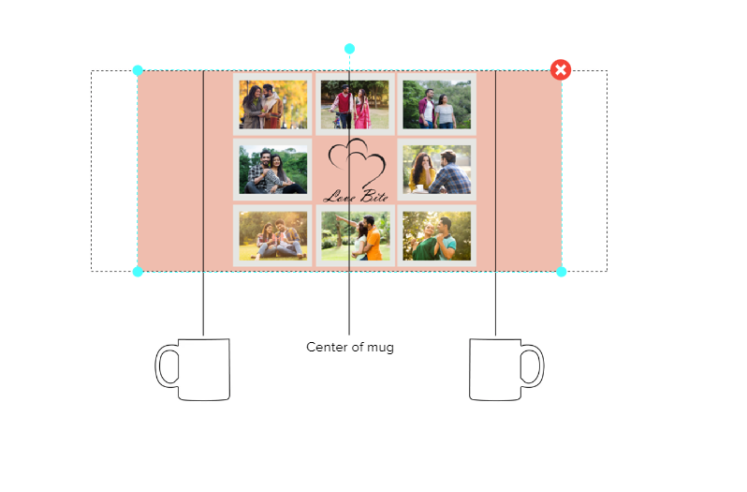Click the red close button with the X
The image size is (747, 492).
(x=561, y=69)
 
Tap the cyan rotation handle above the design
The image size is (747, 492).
(x=349, y=49)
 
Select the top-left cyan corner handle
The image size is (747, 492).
(x=138, y=70)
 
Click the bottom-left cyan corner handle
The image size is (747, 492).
(x=138, y=272)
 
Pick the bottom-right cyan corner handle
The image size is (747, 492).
(x=562, y=272)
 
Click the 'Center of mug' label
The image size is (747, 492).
(x=350, y=347)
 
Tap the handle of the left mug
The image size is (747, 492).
(x=167, y=365)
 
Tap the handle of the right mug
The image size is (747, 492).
(x=533, y=365)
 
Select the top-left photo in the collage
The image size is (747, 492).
(x=272, y=104)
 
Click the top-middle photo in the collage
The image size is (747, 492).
(x=354, y=104)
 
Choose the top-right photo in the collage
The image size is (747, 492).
(x=436, y=104)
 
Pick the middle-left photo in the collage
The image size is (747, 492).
(x=272, y=171)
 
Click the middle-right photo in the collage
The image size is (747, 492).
(x=436, y=171)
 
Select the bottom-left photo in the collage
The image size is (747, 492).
(x=272, y=235)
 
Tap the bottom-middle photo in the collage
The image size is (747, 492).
(x=354, y=235)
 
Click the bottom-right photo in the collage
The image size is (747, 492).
(x=436, y=235)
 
